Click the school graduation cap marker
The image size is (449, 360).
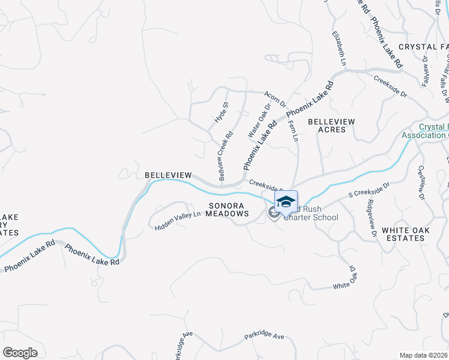[286, 202]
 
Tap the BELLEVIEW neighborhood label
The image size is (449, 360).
[168, 175]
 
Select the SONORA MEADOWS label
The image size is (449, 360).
[228, 209]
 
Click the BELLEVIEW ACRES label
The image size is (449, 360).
[331, 125]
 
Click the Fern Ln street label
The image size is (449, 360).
[294, 130]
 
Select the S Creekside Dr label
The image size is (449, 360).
[369, 190]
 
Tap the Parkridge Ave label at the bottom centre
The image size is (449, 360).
[264, 337]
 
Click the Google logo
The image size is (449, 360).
[20, 353]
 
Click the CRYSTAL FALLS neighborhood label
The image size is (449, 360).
[423, 46]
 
